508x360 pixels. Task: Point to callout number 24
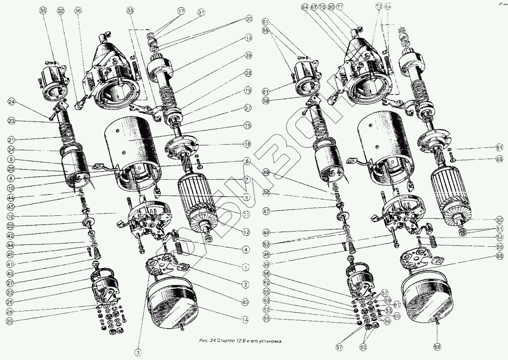(x=12, y=101)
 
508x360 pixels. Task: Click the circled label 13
(x=248, y=37)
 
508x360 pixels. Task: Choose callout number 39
(x=248, y=55)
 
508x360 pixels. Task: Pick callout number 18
(x=248, y=145)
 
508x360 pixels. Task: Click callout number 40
(x=245, y=302)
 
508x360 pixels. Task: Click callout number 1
(x=246, y=267)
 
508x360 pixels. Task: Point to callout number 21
(x=11, y=139)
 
